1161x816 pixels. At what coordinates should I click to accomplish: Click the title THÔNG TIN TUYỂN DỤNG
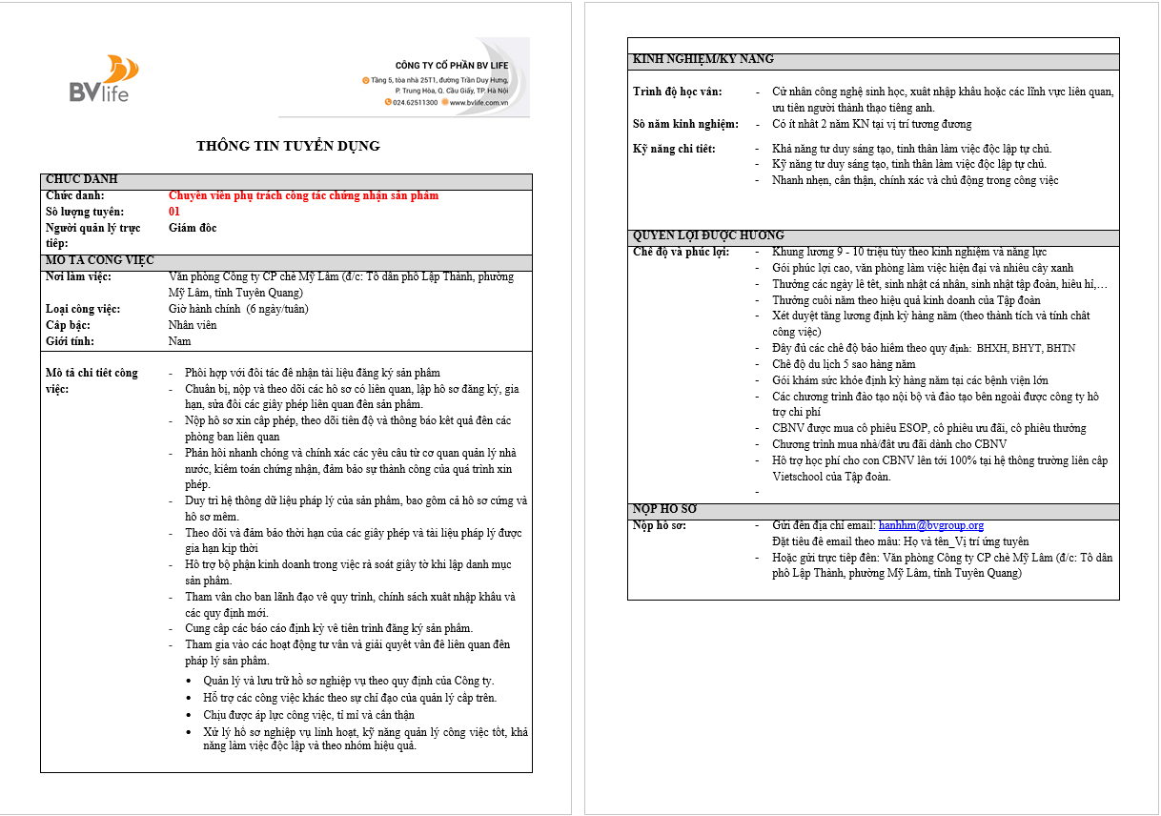(x=288, y=146)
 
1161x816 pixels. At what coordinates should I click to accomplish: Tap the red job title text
(x=303, y=196)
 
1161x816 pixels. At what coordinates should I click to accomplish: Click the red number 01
(x=174, y=212)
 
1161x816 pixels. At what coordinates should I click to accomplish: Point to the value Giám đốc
(x=193, y=228)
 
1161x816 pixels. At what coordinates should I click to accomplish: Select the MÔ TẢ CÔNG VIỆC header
(x=100, y=260)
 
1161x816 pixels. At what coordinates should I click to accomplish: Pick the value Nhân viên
(x=193, y=325)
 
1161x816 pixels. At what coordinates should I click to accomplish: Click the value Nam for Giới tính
(x=179, y=341)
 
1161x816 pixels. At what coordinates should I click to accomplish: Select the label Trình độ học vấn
(x=678, y=92)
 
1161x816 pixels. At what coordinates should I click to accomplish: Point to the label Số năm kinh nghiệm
(x=685, y=124)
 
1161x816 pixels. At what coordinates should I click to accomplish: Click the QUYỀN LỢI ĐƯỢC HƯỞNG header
(x=708, y=235)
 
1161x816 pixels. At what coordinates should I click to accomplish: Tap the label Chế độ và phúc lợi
(x=681, y=252)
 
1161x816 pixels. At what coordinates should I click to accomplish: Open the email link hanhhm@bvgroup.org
(x=930, y=525)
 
